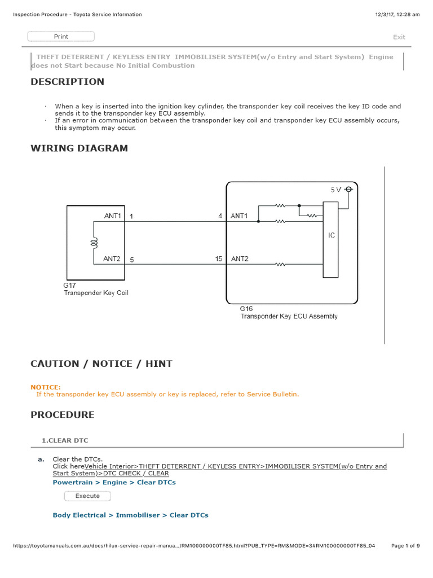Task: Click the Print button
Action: click(x=61, y=37)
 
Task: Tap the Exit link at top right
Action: click(x=399, y=37)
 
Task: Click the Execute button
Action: click(x=87, y=496)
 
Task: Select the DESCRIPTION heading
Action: click(x=67, y=82)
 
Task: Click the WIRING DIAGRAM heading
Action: click(x=79, y=148)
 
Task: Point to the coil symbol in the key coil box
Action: click(x=95, y=242)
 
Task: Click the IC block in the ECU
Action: click(x=331, y=235)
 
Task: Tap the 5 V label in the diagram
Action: click(x=335, y=190)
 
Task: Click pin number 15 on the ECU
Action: click(x=219, y=259)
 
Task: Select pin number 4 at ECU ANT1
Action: click(x=220, y=216)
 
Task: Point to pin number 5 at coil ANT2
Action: click(x=131, y=260)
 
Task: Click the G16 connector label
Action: click(x=247, y=309)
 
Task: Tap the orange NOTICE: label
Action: click(x=46, y=387)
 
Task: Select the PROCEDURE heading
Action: click(x=63, y=415)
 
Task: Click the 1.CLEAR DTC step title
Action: click(x=65, y=440)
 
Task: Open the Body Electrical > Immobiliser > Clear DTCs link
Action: click(x=130, y=515)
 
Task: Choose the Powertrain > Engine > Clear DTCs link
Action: click(x=114, y=483)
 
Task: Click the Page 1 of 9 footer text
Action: click(x=405, y=546)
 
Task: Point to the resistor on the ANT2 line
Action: click(x=280, y=264)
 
